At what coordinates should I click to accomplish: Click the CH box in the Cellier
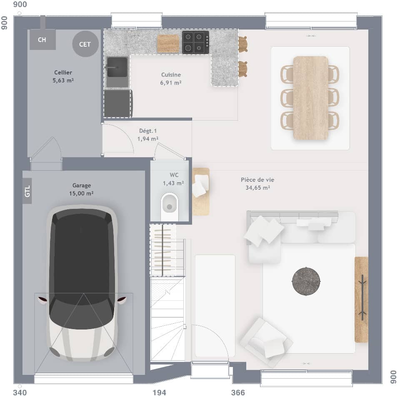click(x=42, y=40)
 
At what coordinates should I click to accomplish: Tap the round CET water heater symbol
click(x=85, y=44)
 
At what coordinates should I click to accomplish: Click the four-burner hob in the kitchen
click(x=195, y=42)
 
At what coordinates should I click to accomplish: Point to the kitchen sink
click(x=117, y=67)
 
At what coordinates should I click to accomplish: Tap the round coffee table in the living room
click(x=306, y=281)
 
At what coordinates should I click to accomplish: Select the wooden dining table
click(x=310, y=98)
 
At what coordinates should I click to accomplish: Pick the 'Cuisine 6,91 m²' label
click(x=171, y=79)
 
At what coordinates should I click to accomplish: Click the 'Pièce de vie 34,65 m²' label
click(x=257, y=183)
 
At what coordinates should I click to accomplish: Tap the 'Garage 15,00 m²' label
click(x=82, y=189)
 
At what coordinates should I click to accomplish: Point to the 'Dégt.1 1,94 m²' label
click(x=148, y=134)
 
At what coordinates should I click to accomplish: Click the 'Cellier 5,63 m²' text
click(x=63, y=77)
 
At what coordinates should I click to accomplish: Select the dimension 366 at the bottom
click(x=238, y=393)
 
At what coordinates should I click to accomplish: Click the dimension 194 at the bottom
click(x=159, y=393)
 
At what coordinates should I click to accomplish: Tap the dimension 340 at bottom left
click(x=20, y=393)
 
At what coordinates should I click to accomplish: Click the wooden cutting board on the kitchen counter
click(x=168, y=43)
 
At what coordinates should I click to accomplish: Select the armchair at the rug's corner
click(x=266, y=342)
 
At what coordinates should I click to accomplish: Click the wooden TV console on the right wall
click(x=361, y=299)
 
